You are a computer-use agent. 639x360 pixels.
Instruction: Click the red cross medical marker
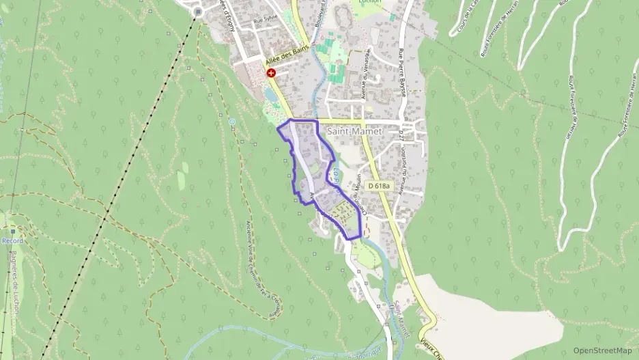tap(271, 73)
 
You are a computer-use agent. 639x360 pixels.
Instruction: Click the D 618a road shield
tap(378, 186)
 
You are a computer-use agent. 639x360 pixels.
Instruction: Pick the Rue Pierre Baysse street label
tap(403, 72)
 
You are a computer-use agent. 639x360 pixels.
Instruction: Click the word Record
tap(12, 241)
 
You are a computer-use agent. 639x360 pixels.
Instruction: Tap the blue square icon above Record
tap(12, 232)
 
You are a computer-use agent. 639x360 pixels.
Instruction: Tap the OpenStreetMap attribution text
tap(603, 350)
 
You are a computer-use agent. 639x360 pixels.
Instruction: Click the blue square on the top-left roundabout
tap(199, 12)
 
